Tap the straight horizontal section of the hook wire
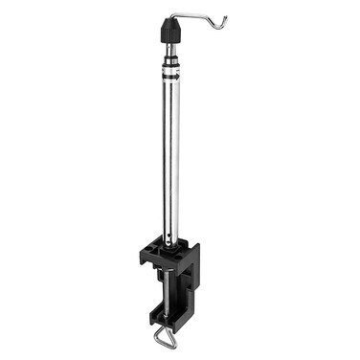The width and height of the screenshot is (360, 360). coord(191,16)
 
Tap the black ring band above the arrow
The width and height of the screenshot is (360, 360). coord(172,67)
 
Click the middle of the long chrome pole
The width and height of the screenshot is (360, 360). coord(171,153)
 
